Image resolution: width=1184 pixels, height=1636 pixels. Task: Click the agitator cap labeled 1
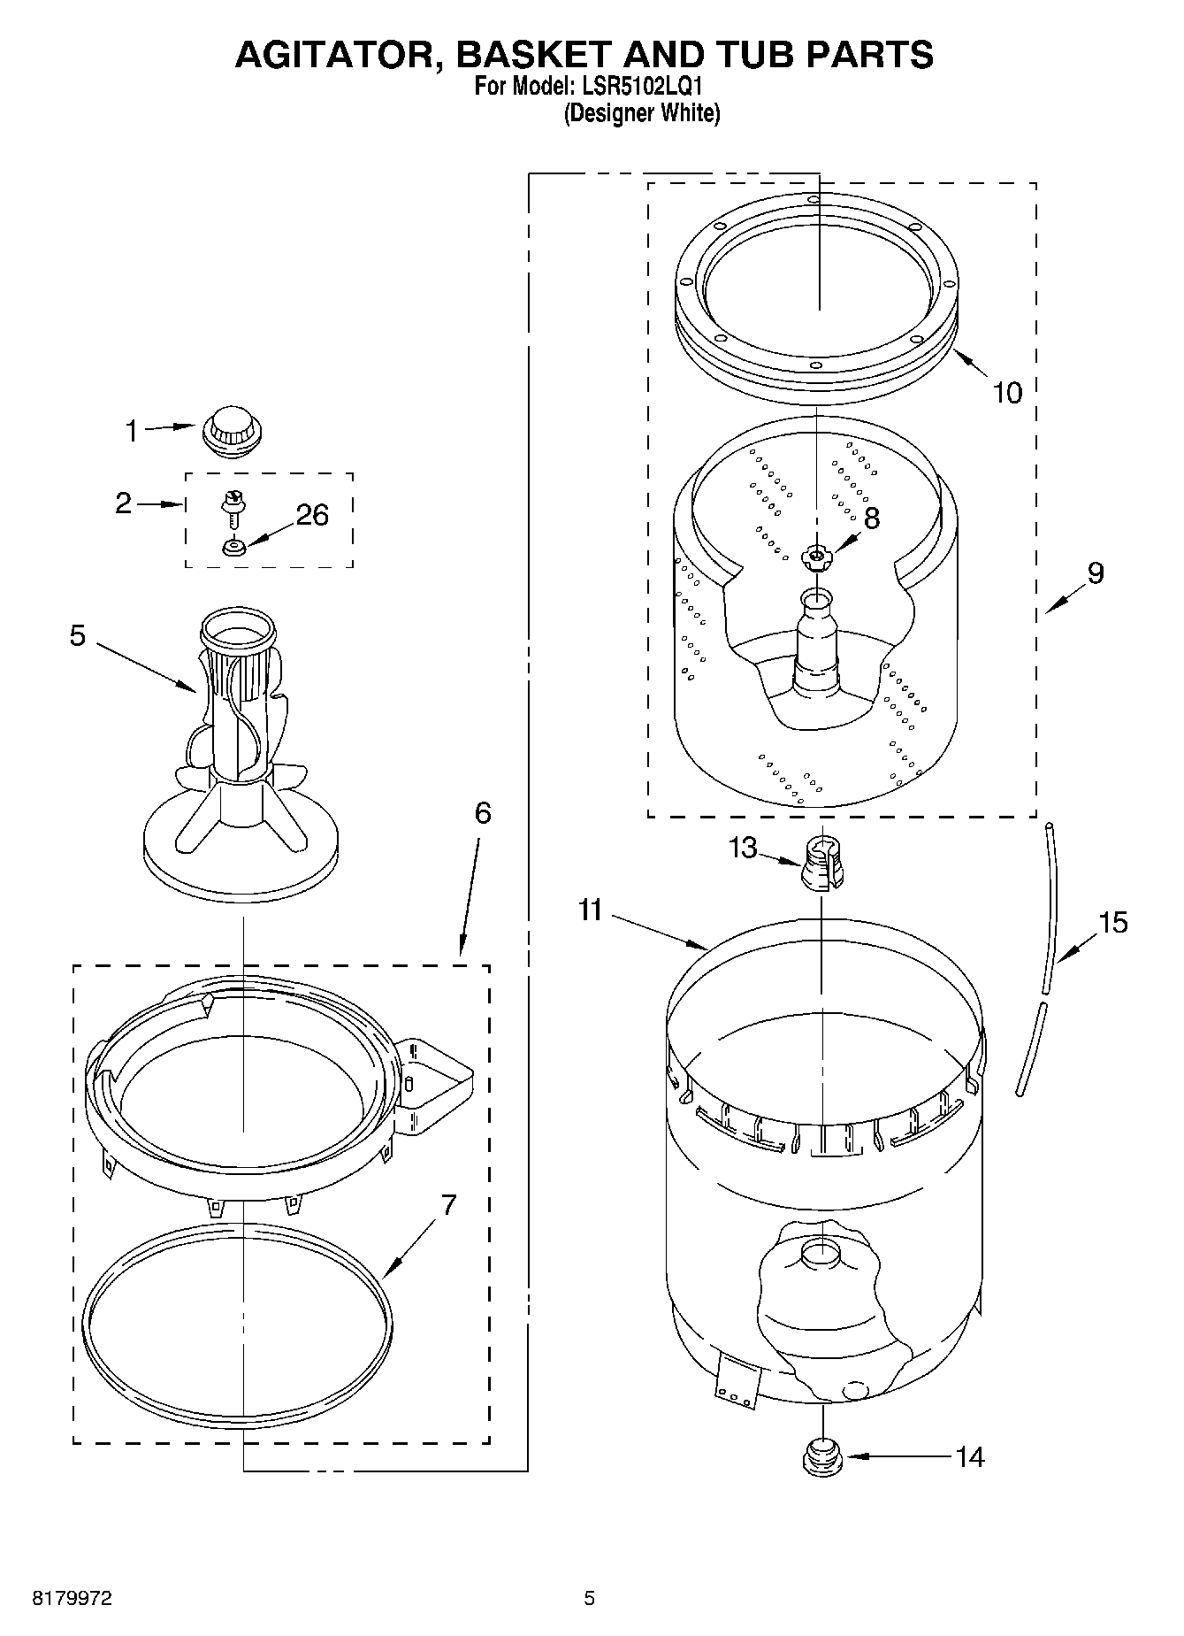[x=233, y=431]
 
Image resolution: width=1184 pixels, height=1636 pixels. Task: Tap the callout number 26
[x=312, y=515]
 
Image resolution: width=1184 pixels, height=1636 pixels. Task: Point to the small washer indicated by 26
[x=233, y=549]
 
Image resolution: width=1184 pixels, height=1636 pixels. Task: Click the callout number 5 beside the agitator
[x=78, y=635]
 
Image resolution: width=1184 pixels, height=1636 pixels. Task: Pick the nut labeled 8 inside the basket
[x=815, y=557]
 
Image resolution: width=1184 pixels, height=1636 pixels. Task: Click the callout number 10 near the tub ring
[x=1006, y=392]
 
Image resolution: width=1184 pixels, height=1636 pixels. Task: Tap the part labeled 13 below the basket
[x=822, y=863]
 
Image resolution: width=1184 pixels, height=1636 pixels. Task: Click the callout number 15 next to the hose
[x=1112, y=923]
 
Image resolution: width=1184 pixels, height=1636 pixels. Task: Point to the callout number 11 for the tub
[x=590, y=910]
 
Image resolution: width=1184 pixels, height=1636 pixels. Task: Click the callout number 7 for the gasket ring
[x=449, y=1204]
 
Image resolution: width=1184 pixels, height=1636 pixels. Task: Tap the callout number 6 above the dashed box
[x=482, y=812]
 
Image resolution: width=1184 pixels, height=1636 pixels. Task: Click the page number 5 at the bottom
[x=589, y=1598]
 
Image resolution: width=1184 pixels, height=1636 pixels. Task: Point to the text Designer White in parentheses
[x=642, y=113]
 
